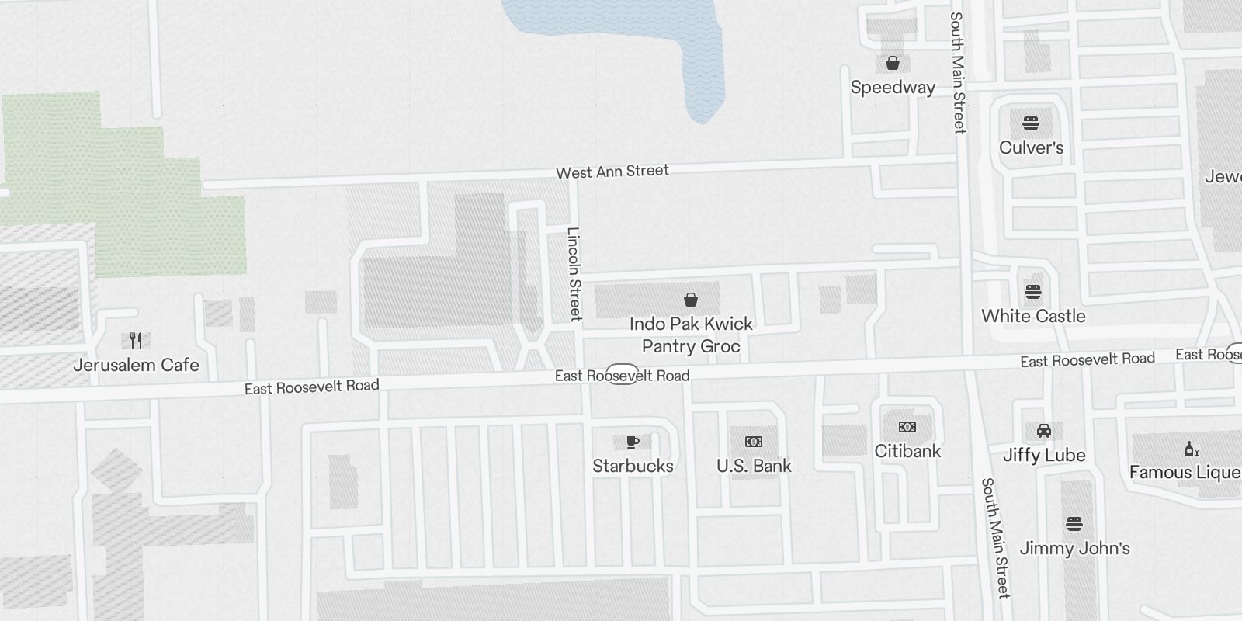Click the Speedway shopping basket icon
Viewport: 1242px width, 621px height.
(893, 63)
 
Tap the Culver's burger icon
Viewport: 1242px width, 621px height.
(1031, 123)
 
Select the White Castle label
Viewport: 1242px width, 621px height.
(1033, 316)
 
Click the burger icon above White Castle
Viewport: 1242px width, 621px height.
(1032, 292)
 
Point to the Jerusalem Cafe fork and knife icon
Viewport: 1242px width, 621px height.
(136, 340)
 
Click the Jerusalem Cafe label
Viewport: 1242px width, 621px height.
(136, 365)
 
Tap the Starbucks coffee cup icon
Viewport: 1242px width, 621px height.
(633, 442)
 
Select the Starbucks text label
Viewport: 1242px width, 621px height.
(633, 466)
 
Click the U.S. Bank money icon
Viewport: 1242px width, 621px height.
(753, 442)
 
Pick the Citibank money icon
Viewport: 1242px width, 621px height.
(907, 427)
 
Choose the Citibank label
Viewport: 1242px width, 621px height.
(907, 451)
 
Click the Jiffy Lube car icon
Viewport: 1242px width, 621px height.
(1043, 431)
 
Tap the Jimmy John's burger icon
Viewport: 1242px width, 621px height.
(1074, 524)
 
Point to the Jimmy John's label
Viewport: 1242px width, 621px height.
(1074, 548)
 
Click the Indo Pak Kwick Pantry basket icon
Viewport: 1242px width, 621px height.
(690, 300)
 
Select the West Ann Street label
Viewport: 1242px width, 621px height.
(612, 172)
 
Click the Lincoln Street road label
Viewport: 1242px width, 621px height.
(574, 273)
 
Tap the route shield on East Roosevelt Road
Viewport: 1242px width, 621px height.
(623, 374)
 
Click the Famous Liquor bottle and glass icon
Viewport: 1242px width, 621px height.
(1192, 449)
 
